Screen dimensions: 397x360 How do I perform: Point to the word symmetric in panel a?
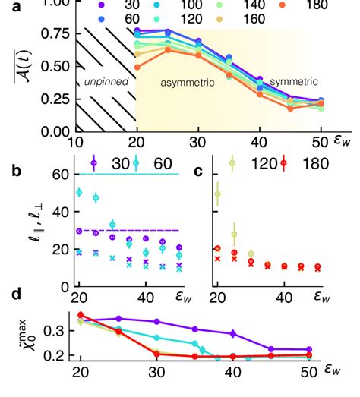(294, 80)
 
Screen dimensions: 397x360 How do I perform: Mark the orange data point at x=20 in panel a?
(137, 67)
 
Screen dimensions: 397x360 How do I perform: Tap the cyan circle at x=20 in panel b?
(78, 193)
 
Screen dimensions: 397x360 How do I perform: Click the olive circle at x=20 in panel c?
(217, 194)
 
